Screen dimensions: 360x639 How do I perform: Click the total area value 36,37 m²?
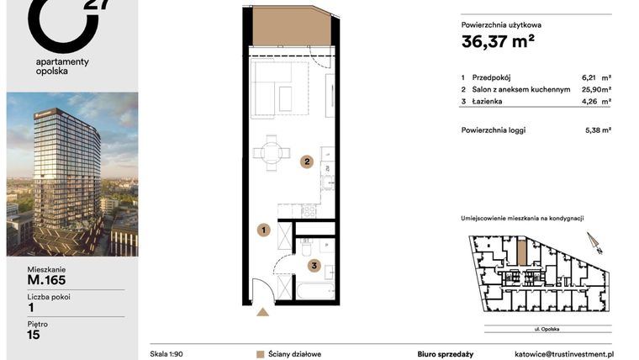pos(498,41)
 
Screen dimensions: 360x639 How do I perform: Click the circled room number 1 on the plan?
pos(263,229)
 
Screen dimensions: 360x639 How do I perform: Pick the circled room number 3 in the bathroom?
pos(314,267)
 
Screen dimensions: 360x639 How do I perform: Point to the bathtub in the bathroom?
pos(315,291)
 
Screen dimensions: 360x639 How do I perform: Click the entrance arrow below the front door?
pos(263,312)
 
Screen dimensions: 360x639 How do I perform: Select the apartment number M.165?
pos(46,280)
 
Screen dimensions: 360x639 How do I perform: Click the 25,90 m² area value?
pos(597,88)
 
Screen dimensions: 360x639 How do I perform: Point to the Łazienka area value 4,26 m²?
pos(597,101)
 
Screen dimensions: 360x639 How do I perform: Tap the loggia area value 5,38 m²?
pos(597,130)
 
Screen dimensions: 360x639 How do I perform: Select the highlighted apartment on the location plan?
pos(521,250)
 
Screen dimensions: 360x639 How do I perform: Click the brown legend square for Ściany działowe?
pos(260,354)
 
